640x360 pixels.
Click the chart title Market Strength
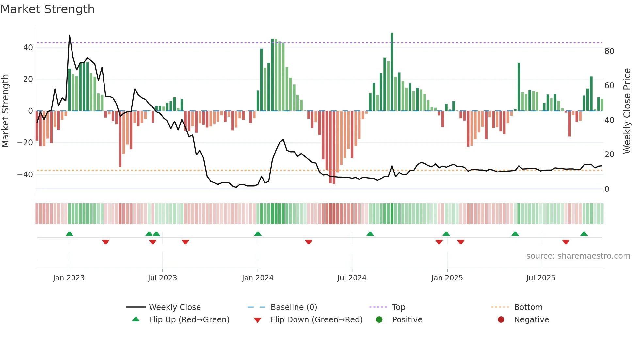point(47,9)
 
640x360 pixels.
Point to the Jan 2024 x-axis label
point(257,278)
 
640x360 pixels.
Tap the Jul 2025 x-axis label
point(540,278)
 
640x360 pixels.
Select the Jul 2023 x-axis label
point(162,278)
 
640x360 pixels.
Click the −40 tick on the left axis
point(25,175)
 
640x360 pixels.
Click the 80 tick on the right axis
point(609,51)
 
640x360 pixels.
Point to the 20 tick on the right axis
point(609,155)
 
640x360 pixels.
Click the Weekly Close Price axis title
point(627,111)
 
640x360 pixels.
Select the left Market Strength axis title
point(5,111)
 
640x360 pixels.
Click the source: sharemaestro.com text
point(578,256)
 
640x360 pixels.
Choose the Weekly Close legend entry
point(175,307)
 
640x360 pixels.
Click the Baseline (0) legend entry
point(294,307)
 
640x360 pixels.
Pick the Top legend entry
point(398,307)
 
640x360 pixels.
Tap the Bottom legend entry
point(528,307)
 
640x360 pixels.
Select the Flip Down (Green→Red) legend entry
point(316,320)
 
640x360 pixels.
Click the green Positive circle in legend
point(379,320)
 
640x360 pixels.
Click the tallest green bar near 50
point(392,72)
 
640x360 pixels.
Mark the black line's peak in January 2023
point(69,35)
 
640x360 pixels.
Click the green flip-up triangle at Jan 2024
point(258,234)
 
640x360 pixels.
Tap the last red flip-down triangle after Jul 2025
point(566,242)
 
